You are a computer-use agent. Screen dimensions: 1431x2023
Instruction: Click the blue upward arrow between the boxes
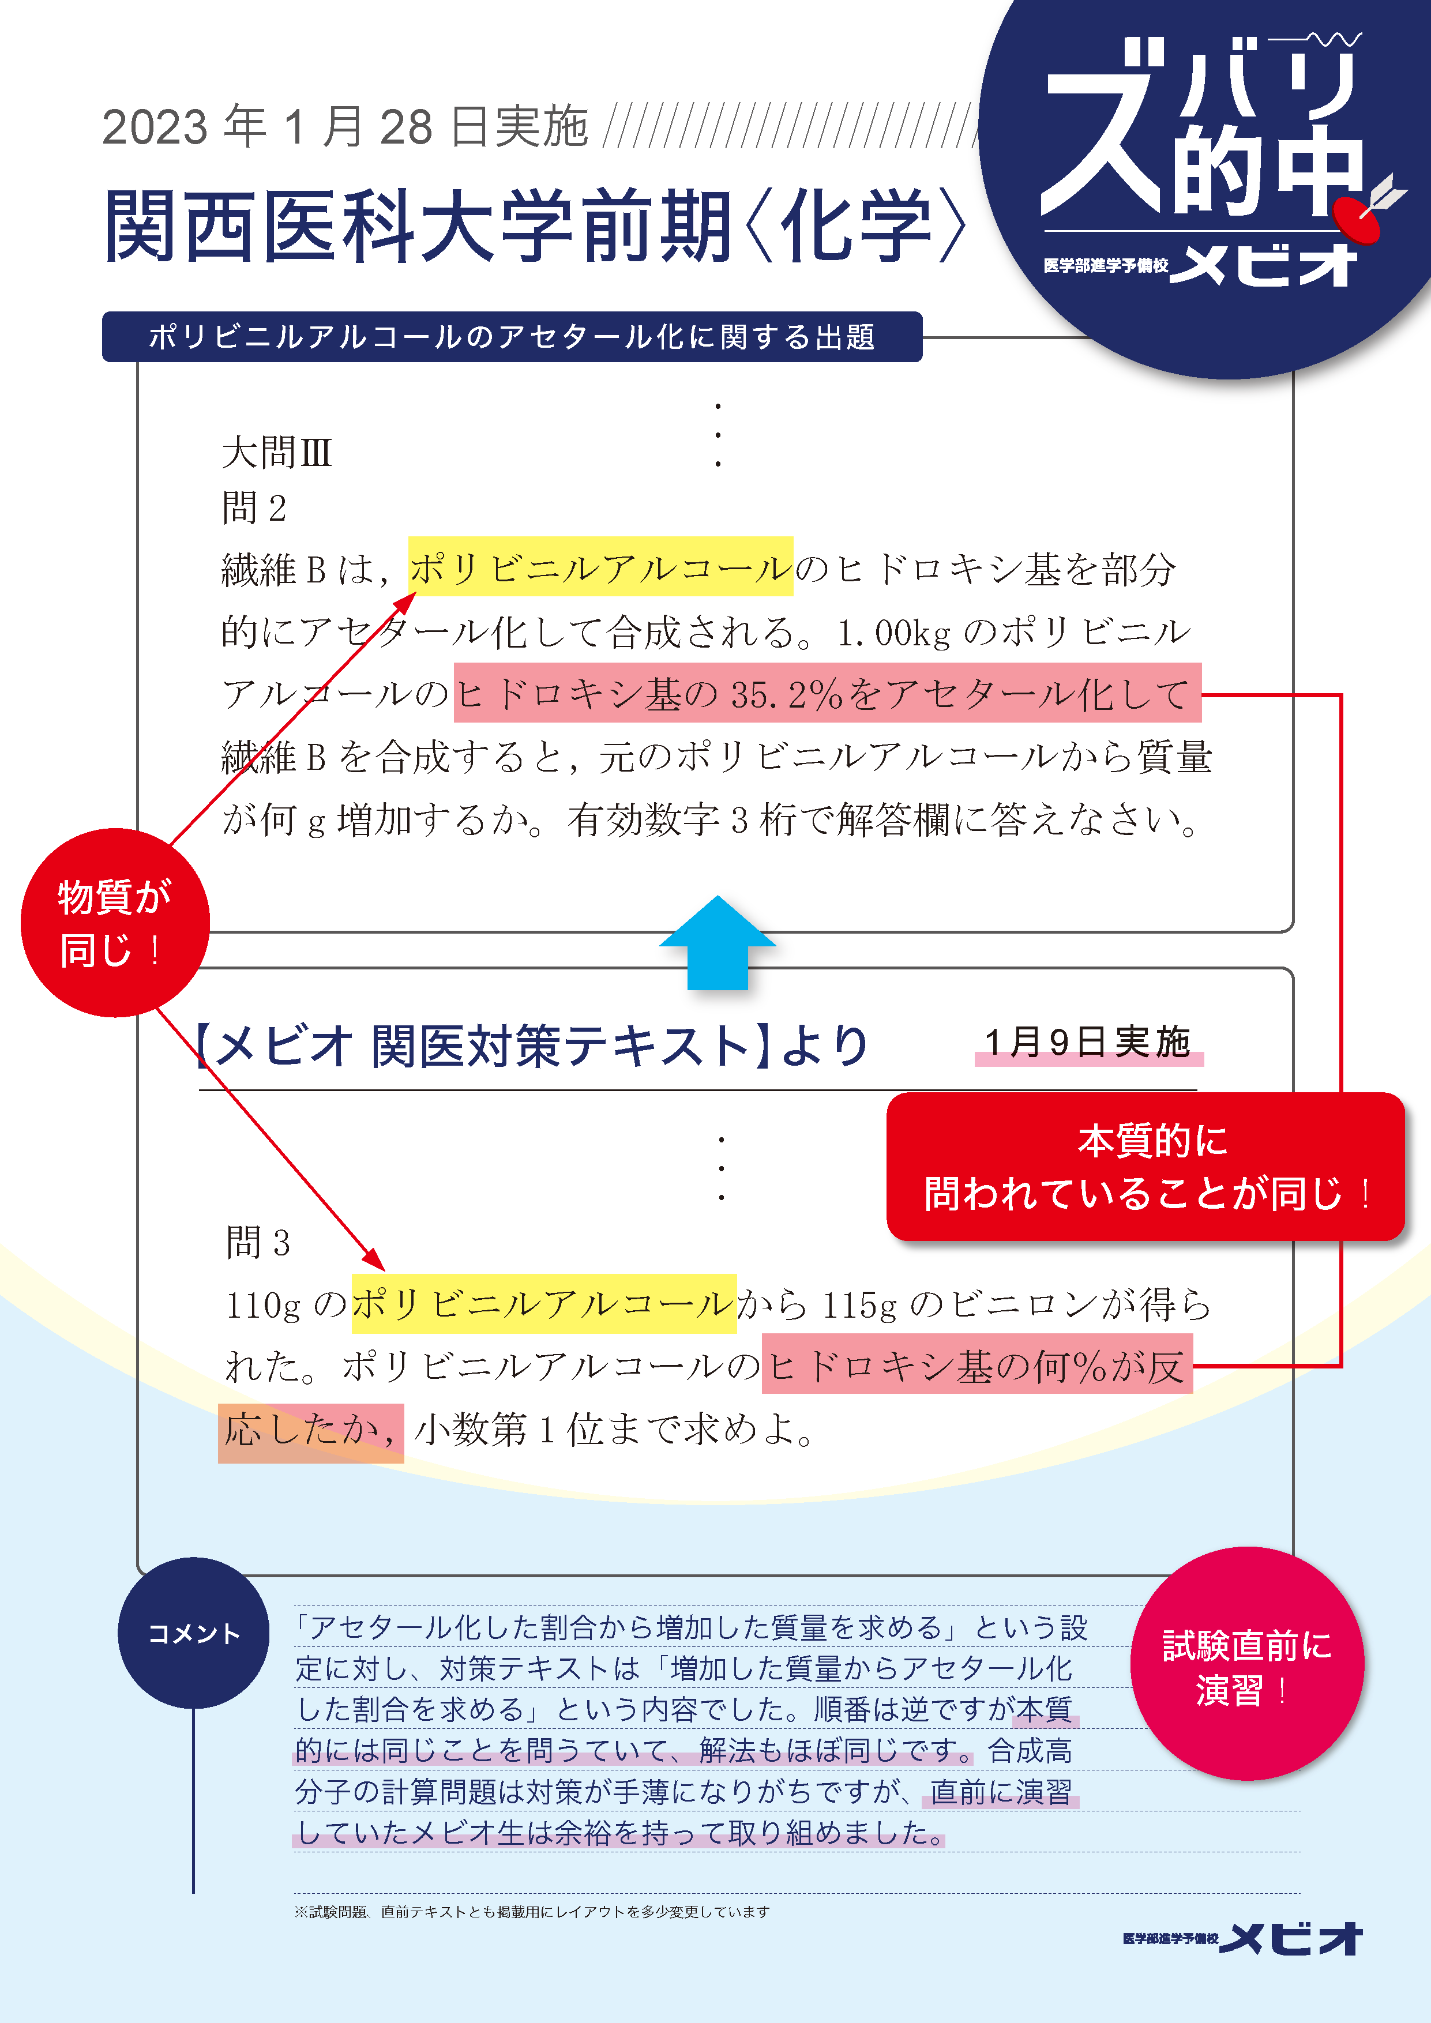[x=718, y=943]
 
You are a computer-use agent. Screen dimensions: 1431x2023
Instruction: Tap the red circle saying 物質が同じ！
[x=115, y=923]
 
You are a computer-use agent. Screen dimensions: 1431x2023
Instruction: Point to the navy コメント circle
[x=194, y=1633]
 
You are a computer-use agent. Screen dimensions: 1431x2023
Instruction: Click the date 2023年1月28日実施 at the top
[x=344, y=126]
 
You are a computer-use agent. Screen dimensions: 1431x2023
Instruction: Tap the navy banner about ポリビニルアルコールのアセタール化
[x=512, y=337]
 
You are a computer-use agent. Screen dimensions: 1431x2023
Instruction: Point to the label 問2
[x=254, y=509]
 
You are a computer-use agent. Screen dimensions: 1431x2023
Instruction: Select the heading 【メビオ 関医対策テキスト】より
[x=531, y=1046]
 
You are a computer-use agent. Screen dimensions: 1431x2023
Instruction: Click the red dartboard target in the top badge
[x=1357, y=220]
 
